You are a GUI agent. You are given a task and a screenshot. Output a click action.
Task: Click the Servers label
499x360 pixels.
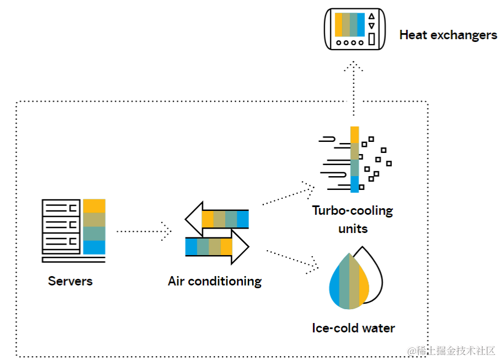pyautogui.click(x=70, y=281)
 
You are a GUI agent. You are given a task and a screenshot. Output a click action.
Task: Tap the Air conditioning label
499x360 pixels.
pyautogui.click(x=215, y=281)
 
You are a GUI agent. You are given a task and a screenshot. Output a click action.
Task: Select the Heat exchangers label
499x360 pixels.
pyautogui.click(x=448, y=35)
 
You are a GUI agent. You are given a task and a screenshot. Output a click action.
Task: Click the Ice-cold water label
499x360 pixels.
pyautogui.click(x=353, y=328)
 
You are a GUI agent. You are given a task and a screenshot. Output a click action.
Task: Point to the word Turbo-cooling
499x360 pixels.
pyautogui.click(x=352, y=210)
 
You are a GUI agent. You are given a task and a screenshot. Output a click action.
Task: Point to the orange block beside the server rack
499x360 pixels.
pyautogui.click(x=94, y=206)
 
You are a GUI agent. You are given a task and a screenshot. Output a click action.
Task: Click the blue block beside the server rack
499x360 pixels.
pyautogui.click(x=94, y=247)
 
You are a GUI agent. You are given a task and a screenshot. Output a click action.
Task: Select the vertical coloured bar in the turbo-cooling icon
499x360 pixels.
pyautogui.click(x=354, y=160)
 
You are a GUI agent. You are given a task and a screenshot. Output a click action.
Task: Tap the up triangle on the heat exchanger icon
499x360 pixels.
pyautogui.click(x=371, y=16)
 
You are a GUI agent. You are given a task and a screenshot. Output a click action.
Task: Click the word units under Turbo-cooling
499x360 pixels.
pyautogui.click(x=352, y=228)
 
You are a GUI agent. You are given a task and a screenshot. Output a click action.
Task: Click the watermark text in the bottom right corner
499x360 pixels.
pyautogui.click(x=451, y=351)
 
